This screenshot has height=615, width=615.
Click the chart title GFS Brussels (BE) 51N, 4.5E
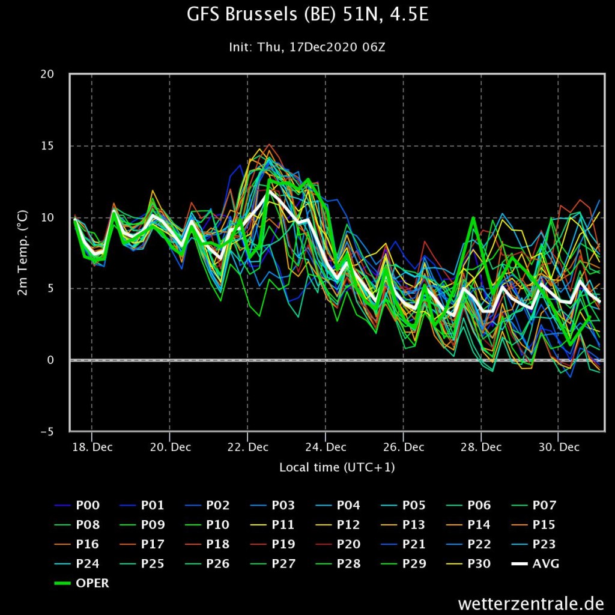(307, 14)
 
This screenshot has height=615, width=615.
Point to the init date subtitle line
(307, 47)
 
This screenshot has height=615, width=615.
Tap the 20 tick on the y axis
(47, 74)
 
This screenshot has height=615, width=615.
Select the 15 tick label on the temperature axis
(47, 146)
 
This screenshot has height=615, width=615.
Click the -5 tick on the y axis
(47, 432)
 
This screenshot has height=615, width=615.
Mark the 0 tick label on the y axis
(50, 360)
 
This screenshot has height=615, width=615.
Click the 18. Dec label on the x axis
(92, 447)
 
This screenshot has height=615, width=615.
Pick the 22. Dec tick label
(248, 447)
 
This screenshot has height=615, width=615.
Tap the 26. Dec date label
(404, 447)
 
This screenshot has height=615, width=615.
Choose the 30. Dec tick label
(559, 447)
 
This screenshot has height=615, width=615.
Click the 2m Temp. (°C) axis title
(23, 253)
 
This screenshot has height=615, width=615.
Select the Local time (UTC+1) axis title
(337, 467)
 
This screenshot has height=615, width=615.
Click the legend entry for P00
(77, 505)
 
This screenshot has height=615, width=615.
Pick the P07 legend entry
(534, 505)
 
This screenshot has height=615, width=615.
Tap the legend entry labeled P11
(273, 525)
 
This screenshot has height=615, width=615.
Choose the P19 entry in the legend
(273, 544)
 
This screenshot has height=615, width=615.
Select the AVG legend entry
(535, 564)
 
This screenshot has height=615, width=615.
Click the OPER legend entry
(82, 583)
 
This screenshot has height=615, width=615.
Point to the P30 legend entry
(469, 564)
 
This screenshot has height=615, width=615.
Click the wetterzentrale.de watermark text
(531, 603)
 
